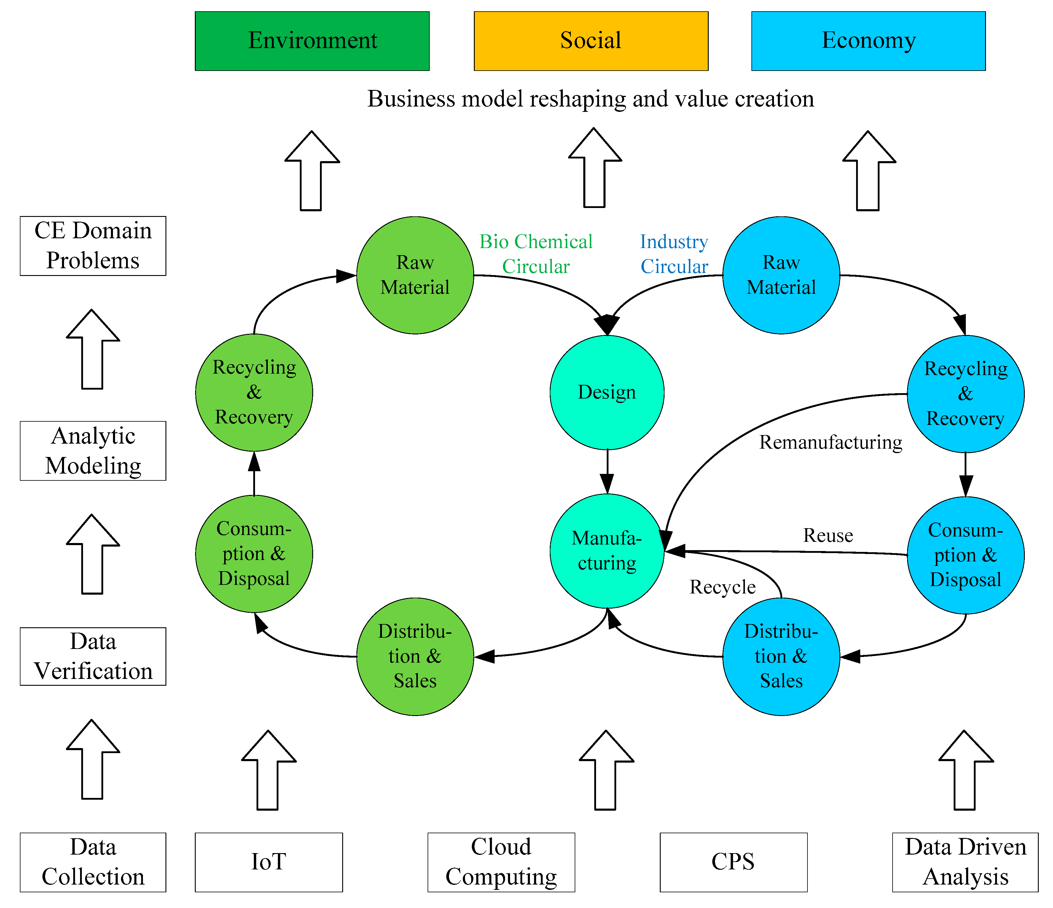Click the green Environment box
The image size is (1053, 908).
tap(312, 41)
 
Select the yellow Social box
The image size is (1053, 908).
tap(590, 41)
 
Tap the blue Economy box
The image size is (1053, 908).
tap(868, 41)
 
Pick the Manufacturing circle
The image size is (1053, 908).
tap(607, 551)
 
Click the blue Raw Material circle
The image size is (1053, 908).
tap(781, 275)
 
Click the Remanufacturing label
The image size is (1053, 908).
tap(830, 442)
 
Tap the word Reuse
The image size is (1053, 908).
tap(828, 535)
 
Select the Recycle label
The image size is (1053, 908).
tap(722, 587)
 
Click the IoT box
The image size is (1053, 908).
tap(268, 862)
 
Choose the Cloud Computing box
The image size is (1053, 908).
tap(501, 862)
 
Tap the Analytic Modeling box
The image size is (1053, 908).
tap(93, 450)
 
